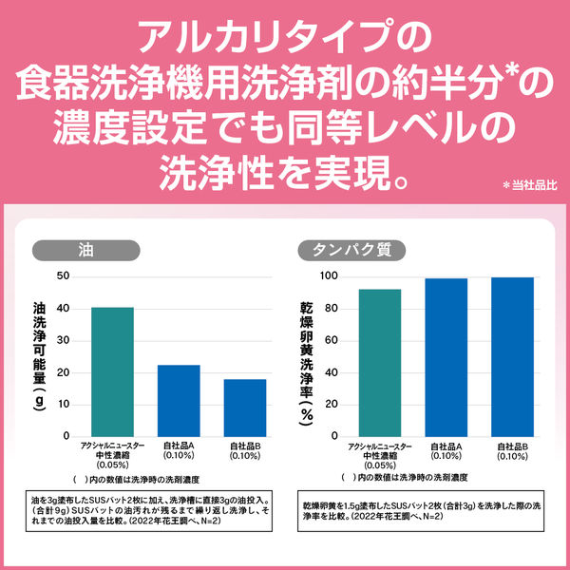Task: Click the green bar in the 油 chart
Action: pyautogui.click(x=113, y=371)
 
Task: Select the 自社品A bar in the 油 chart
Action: pyautogui.click(x=179, y=400)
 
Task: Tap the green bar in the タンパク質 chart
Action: pyautogui.click(x=379, y=362)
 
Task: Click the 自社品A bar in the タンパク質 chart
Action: pyautogui.click(x=446, y=357)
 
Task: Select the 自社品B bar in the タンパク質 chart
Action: pyautogui.click(x=513, y=356)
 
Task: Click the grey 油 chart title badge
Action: pyautogui.click(x=85, y=252)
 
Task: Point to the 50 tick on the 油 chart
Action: pyautogui.click(x=64, y=276)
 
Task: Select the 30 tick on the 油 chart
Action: pyautogui.click(x=64, y=340)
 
